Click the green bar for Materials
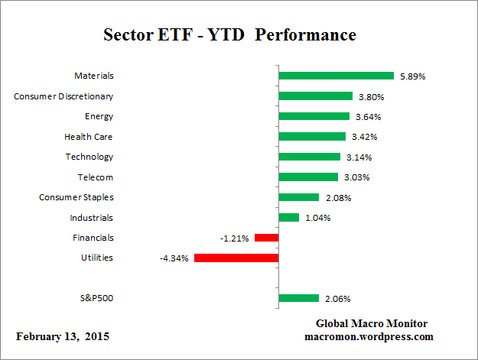pos(336,76)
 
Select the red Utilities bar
pos(236,258)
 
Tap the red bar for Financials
pos(266,238)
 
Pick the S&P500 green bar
pos(298,298)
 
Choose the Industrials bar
pos(288,217)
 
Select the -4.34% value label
pos(174,258)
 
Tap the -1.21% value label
pos(235,238)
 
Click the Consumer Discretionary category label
pos(64,96)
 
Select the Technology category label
pos(89,157)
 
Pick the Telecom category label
pos(96,177)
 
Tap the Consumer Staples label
pos(76,197)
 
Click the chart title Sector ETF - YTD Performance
pos(229,35)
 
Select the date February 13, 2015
pos(60,336)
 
